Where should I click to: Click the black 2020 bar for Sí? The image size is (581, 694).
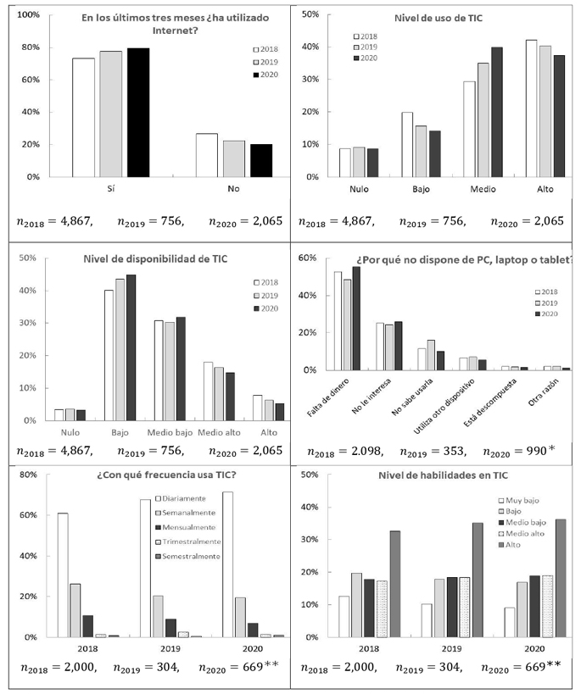[138, 113]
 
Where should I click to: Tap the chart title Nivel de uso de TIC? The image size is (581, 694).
[436, 18]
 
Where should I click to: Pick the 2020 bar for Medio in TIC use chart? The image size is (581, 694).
[496, 112]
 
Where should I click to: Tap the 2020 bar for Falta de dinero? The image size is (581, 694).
[355, 319]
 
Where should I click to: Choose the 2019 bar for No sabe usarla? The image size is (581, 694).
[431, 355]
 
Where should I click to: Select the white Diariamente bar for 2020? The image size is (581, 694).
[227, 564]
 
